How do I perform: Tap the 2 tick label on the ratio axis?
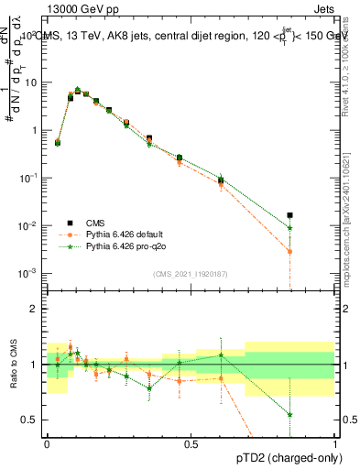(35, 309)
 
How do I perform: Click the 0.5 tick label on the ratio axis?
(31, 420)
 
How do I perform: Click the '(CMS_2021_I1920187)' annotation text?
(191, 274)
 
